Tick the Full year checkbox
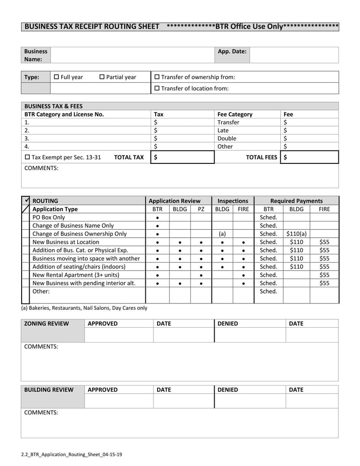point(56,77)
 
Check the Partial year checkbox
point(102,77)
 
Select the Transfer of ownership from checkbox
point(157,77)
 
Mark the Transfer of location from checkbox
point(157,88)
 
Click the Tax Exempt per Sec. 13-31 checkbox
point(27,157)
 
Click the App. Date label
point(232,51)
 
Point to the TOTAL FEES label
point(261,157)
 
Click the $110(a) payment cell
point(296,234)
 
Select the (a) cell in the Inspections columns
point(222,234)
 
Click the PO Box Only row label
point(49,217)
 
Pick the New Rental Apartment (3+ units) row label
point(76,275)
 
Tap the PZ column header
point(201,209)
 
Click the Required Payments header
point(296,201)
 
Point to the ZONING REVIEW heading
point(46,323)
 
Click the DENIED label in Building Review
point(228,389)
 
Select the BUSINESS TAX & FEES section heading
point(53,106)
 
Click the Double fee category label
point(226,138)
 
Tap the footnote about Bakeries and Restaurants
point(84,308)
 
